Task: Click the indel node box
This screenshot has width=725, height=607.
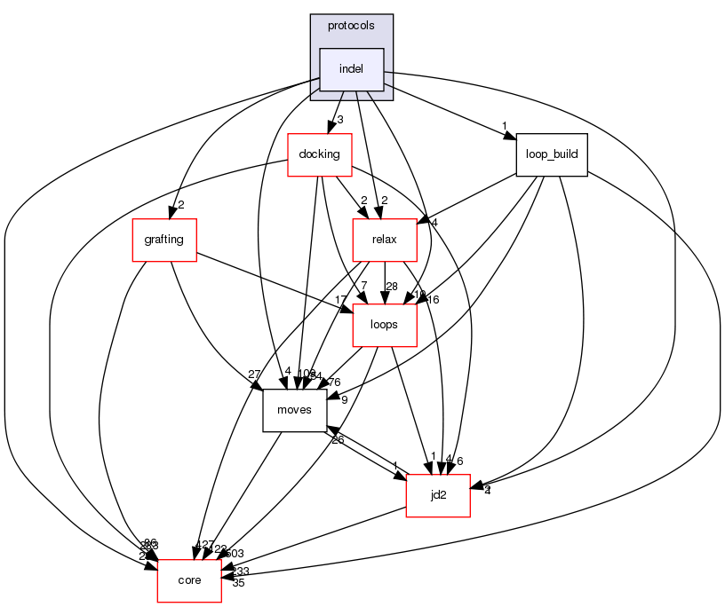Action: click(352, 69)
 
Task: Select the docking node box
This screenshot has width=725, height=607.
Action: click(320, 154)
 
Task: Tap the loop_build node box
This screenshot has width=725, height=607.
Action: click(552, 154)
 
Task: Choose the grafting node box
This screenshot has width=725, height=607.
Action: click(163, 240)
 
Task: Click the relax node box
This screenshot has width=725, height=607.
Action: click(385, 240)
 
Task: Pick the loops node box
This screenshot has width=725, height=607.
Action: click(385, 325)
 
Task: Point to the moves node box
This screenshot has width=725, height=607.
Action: click(294, 410)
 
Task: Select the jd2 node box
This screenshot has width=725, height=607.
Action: click(437, 495)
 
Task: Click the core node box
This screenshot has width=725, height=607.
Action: click(189, 580)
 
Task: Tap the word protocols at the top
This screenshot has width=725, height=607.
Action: click(351, 26)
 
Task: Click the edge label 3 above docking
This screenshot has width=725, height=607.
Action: click(339, 119)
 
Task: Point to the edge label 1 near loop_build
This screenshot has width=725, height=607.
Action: click(504, 125)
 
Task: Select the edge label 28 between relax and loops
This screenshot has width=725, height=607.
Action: click(392, 285)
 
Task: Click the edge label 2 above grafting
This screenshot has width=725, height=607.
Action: click(180, 205)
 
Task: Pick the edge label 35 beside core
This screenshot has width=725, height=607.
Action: click(238, 583)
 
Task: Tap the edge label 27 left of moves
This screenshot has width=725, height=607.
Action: click(255, 373)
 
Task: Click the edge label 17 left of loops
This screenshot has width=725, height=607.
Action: click(340, 298)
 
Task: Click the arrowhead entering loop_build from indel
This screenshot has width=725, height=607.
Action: click(510, 137)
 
